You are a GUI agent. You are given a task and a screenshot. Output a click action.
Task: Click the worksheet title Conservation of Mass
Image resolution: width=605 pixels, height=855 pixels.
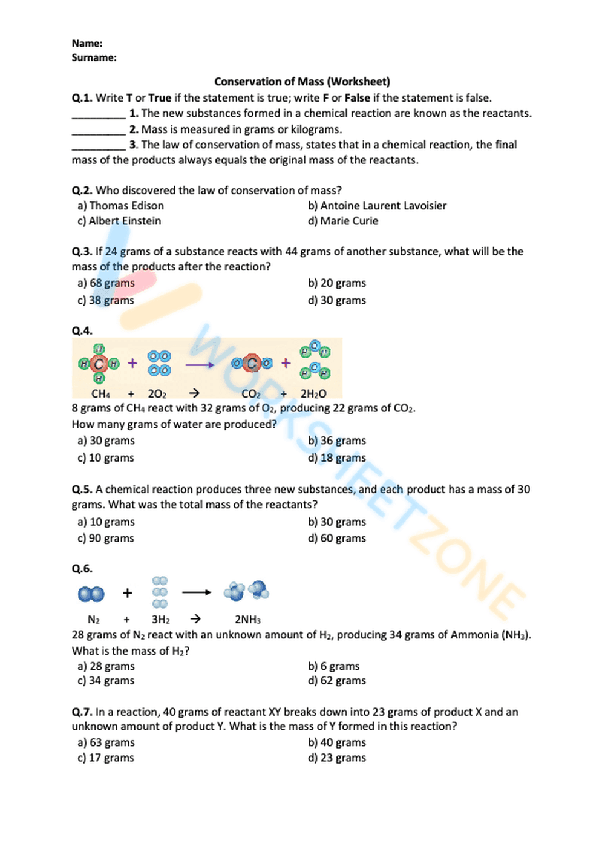click(x=302, y=82)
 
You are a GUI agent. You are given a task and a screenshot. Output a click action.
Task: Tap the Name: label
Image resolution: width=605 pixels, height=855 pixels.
click(x=87, y=44)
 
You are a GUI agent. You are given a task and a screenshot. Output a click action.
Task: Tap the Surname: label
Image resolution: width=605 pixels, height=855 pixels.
click(x=94, y=58)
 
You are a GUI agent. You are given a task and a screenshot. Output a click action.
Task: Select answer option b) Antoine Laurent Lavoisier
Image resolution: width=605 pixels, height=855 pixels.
click(x=377, y=206)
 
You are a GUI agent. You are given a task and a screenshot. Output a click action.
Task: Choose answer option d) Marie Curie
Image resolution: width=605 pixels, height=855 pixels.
click(x=343, y=221)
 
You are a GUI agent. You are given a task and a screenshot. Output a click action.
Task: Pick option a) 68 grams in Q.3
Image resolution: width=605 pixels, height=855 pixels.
click(x=106, y=283)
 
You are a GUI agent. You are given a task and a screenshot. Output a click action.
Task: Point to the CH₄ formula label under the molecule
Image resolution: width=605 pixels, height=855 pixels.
click(x=100, y=394)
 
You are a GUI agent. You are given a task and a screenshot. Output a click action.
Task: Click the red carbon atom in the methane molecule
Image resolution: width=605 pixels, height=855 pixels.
click(x=99, y=364)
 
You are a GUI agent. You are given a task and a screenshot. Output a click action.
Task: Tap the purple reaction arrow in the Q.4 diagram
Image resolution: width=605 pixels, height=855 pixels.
click(x=200, y=365)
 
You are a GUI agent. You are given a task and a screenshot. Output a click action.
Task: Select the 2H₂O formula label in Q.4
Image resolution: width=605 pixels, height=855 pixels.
click(x=313, y=394)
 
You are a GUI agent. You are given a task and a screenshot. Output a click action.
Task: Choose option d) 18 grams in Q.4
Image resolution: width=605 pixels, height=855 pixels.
click(x=337, y=458)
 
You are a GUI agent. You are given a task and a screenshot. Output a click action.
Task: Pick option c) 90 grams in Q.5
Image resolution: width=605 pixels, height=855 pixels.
click(x=106, y=539)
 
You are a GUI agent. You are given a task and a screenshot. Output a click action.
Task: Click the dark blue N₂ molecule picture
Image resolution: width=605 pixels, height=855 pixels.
click(x=91, y=594)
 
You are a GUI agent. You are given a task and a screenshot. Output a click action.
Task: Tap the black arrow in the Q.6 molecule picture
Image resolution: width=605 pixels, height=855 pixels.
click(x=197, y=592)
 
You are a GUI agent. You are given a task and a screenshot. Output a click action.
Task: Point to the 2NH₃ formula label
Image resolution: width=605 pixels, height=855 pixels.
click(x=247, y=620)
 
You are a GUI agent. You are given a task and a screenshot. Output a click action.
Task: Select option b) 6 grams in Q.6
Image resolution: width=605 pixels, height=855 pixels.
click(x=334, y=666)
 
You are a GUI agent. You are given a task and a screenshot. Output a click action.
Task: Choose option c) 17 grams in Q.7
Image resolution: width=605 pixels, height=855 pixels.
click(x=106, y=758)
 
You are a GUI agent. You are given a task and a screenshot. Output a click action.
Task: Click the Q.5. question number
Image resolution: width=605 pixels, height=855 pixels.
click(x=82, y=490)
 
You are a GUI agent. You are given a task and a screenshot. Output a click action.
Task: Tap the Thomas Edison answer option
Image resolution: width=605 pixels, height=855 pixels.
click(x=120, y=206)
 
